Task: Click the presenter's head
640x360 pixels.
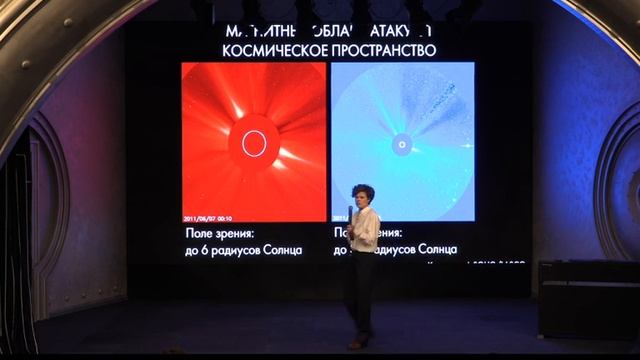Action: click(361, 194)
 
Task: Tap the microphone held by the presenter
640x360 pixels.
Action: click(351, 211)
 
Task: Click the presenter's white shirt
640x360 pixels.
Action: click(364, 229)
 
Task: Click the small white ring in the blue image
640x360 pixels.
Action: click(401, 144)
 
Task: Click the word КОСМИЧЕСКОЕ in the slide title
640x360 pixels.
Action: click(265, 48)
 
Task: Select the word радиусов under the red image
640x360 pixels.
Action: click(246, 248)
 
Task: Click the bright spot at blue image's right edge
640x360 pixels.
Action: click(468, 146)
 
